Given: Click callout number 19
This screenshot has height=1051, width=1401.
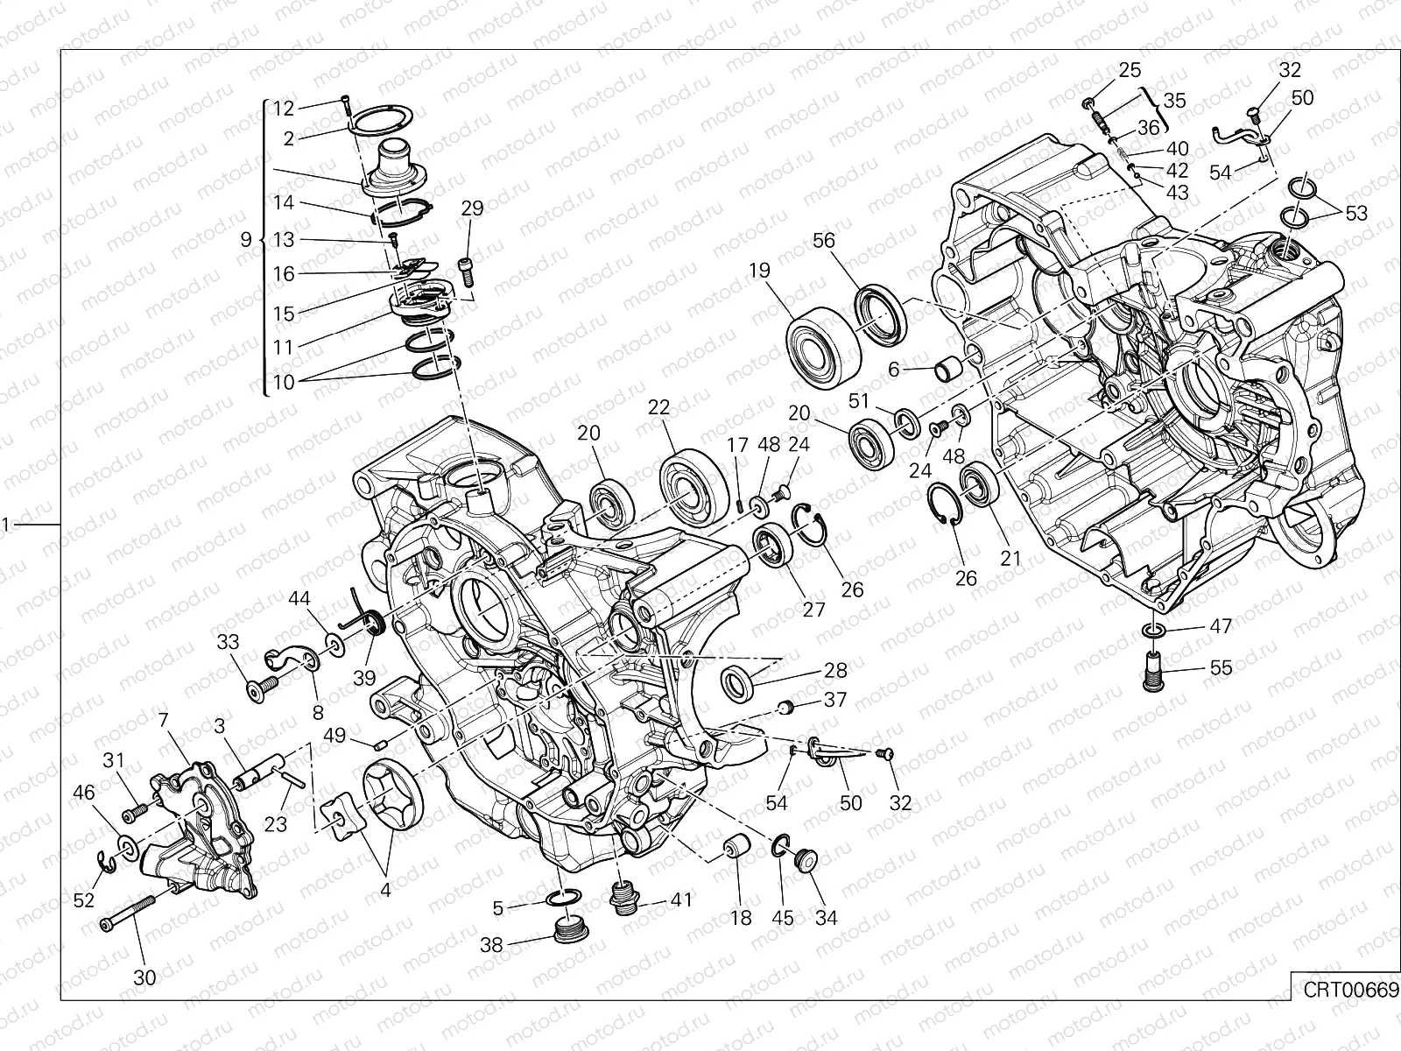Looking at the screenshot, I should [x=759, y=271].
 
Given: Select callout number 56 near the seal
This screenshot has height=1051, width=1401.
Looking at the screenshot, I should [x=824, y=241].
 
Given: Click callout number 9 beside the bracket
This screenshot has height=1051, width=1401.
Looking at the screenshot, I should [x=246, y=239].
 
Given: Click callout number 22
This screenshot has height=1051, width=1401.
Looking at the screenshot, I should [x=658, y=407].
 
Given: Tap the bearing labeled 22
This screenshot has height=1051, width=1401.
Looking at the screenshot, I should [x=693, y=486].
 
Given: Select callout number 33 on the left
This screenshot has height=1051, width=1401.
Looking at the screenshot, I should [x=228, y=643].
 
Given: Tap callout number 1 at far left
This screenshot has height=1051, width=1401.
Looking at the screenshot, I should [x=5, y=525].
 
